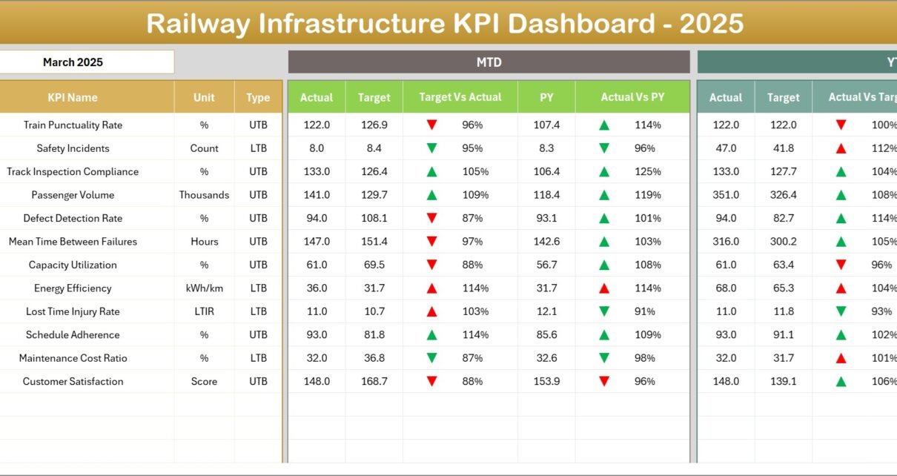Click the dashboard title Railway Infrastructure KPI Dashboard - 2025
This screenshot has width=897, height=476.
tap(445, 24)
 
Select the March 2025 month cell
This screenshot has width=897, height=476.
tap(73, 62)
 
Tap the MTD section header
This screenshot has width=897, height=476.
tap(489, 62)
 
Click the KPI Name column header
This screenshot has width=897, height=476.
tap(73, 97)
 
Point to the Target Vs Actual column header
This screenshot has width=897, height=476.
tap(460, 97)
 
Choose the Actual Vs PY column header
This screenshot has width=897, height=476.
tap(632, 97)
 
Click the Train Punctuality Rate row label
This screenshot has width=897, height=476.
tap(73, 125)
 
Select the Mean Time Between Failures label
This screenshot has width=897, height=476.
tap(73, 242)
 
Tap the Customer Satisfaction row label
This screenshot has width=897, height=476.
tap(73, 382)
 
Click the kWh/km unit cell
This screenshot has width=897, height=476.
tap(204, 288)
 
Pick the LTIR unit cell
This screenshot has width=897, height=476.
tap(204, 311)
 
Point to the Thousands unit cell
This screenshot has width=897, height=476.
tap(204, 195)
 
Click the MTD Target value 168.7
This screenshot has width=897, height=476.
tap(374, 382)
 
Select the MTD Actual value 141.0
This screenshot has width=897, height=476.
tap(317, 195)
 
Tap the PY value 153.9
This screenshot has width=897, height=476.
tap(546, 382)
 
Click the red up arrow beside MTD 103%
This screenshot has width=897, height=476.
tap(431, 311)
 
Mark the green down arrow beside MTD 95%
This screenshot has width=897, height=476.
tap(431, 148)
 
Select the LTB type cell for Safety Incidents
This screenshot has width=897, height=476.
tap(258, 148)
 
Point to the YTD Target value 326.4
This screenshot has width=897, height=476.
tap(783, 195)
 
